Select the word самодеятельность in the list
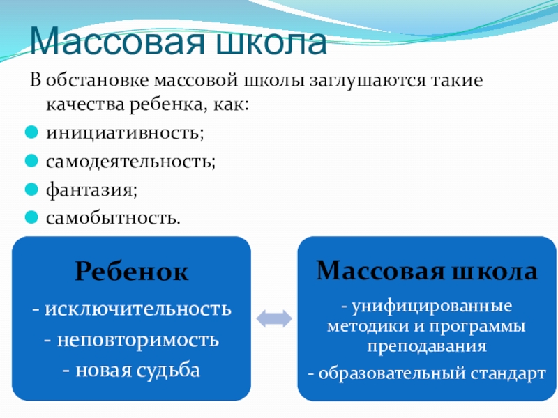130,161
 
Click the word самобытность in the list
112,219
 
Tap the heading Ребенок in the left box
130,272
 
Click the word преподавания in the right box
428,346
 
